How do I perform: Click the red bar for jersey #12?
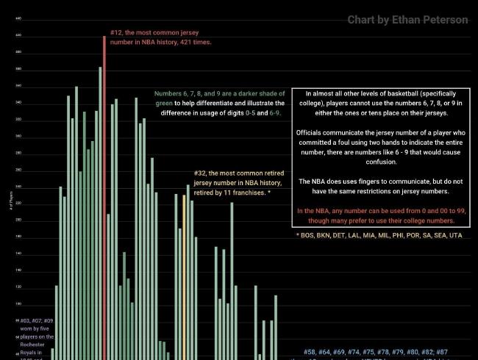[104, 198]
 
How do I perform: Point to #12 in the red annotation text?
[116, 33]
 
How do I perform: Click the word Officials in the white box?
[312, 132]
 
